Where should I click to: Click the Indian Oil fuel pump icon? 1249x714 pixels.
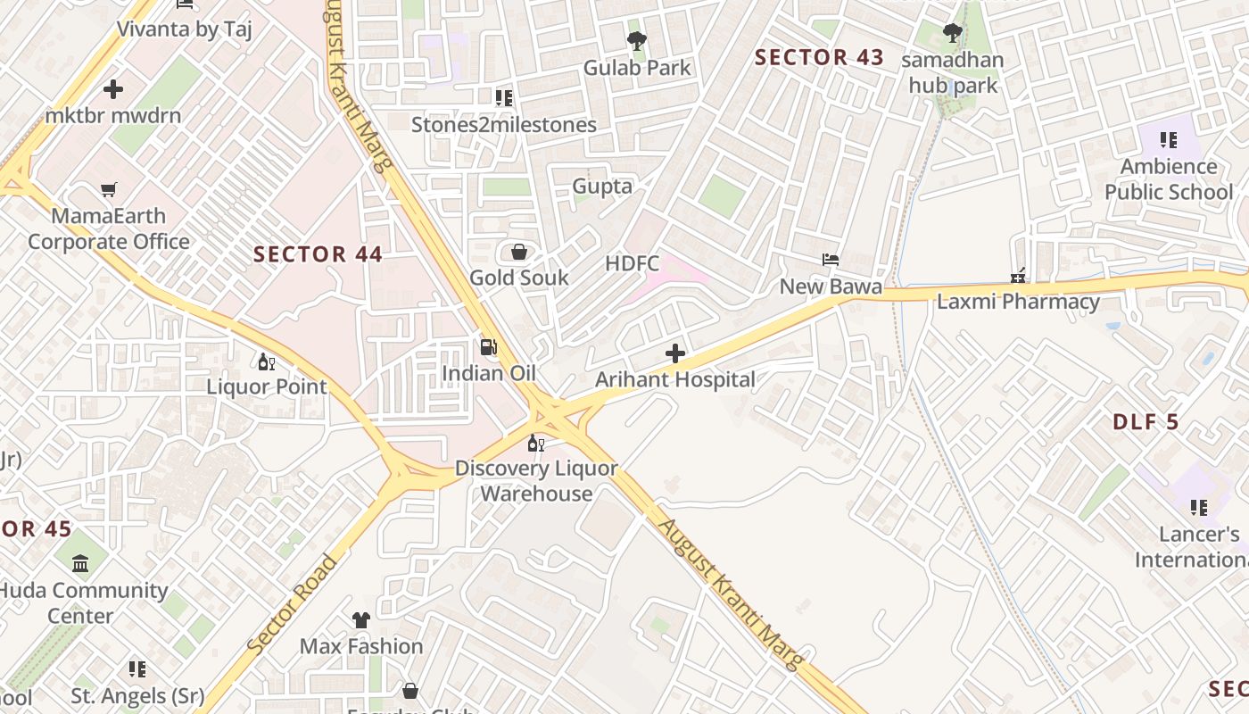(x=488, y=347)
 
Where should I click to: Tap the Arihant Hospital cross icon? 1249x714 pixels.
(x=675, y=354)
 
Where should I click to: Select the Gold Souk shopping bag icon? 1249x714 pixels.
(x=518, y=253)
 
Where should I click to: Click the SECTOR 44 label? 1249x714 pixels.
(x=318, y=254)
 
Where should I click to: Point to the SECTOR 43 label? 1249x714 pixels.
(x=819, y=58)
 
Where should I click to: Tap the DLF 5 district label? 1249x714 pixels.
(x=1146, y=423)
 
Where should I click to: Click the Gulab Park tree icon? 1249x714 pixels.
(x=636, y=41)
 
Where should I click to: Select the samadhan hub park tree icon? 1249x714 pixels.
(x=952, y=34)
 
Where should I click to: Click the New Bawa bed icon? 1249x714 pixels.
(x=831, y=261)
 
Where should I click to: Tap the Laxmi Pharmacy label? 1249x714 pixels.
(x=1018, y=302)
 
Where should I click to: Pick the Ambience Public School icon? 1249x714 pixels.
(x=1168, y=140)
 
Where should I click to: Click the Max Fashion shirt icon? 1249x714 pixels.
(x=361, y=619)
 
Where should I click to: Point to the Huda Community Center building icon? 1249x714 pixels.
(x=81, y=564)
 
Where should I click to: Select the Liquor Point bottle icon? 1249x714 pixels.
(x=266, y=361)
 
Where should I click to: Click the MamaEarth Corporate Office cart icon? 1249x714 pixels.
(x=108, y=190)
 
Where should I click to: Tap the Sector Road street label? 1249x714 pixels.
(x=294, y=605)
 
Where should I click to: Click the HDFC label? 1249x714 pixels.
(x=632, y=263)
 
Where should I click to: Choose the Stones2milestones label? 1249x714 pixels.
(x=503, y=125)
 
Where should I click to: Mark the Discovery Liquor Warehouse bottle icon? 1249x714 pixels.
(x=535, y=443)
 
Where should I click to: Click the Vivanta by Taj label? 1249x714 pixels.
(x=185, y=29)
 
